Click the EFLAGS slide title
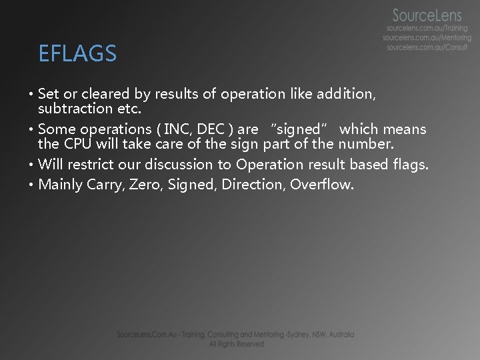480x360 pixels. tap(77, 53)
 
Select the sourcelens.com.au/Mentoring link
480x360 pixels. tap(427, 39)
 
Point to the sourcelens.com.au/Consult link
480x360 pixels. tap(428, 48)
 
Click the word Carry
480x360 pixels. tap(104, 185)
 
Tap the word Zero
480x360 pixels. tap(147, 184)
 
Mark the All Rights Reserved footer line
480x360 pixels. tap(236, 344)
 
